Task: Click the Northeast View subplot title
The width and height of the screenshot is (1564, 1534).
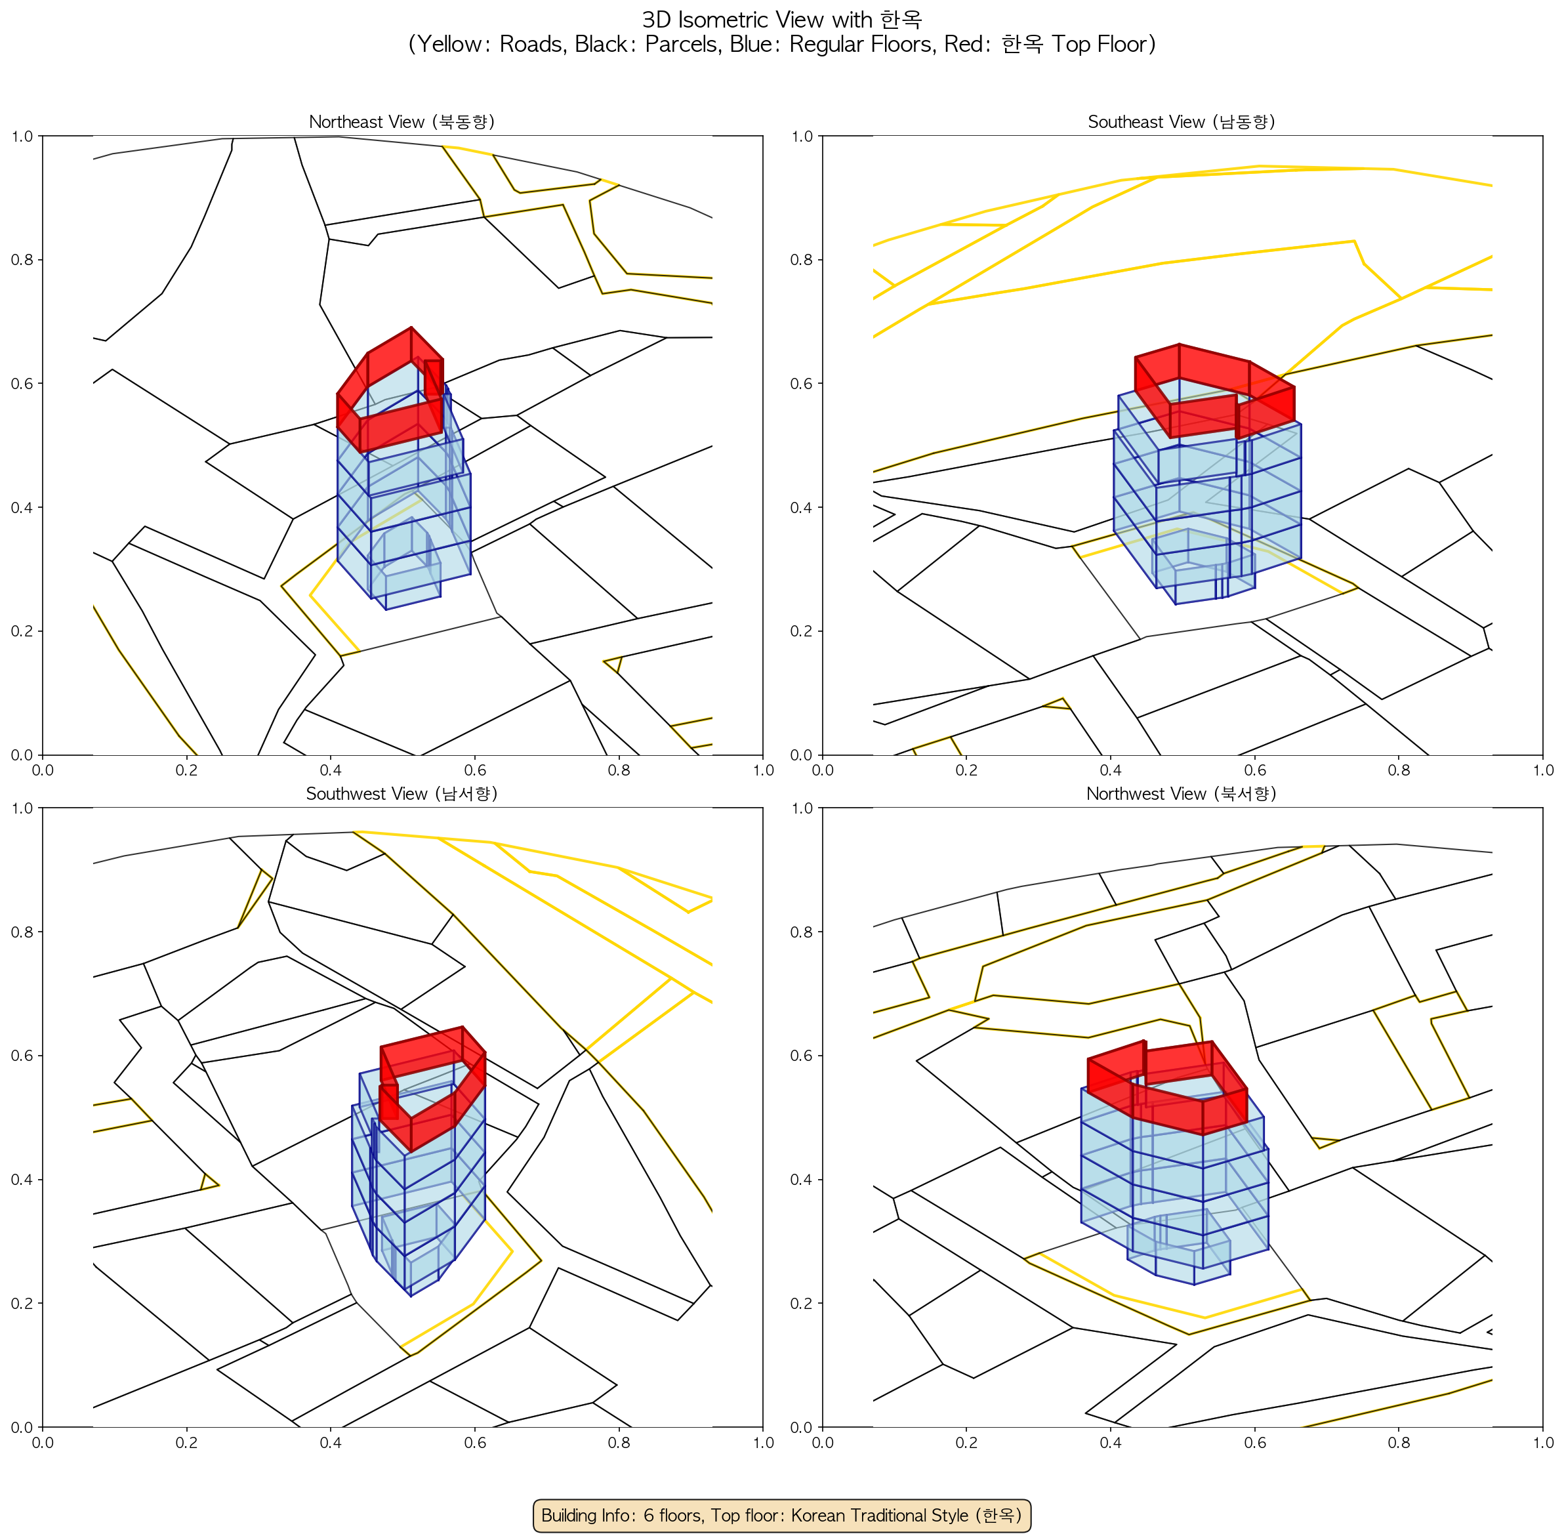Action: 401,121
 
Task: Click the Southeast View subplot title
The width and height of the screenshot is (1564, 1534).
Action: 1182,121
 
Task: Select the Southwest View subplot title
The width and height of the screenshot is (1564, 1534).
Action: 401,794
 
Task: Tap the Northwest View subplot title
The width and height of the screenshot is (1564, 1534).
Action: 1182,794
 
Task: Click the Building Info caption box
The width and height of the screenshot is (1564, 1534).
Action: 781,1515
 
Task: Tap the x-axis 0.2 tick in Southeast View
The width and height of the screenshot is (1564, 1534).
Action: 966,770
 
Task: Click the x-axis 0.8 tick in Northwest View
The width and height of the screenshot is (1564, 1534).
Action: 1399,1442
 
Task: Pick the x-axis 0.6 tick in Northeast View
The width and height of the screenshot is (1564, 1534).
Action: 474,770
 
